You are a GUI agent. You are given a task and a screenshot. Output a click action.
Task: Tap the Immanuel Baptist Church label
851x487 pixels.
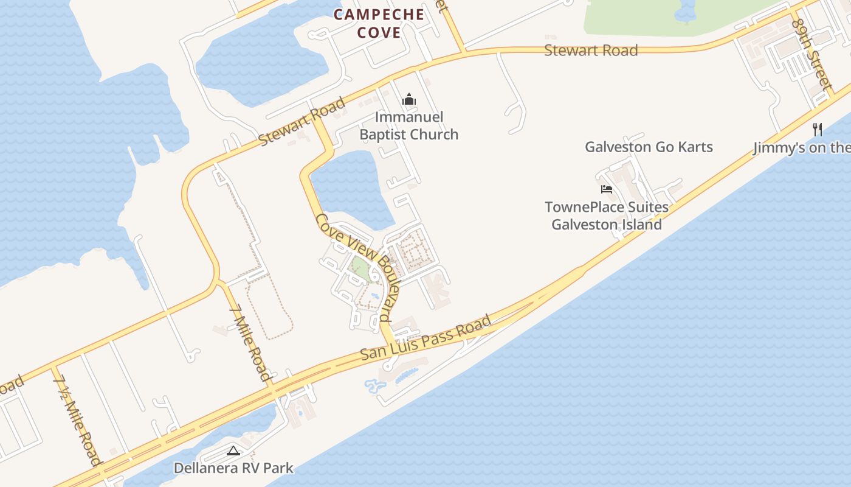(409, 125)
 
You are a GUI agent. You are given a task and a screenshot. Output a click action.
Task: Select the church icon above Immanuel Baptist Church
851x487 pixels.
(409, 99)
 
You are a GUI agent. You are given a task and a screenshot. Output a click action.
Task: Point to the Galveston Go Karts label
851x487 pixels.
(649, 147)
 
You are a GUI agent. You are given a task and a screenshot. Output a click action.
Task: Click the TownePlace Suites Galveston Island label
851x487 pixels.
(607, 215)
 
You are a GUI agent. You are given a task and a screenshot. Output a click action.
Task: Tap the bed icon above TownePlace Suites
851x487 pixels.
(606, 189)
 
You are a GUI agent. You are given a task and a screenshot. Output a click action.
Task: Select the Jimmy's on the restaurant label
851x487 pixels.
(801, 147)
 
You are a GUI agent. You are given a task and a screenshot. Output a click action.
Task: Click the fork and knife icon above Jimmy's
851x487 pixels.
(818, 129)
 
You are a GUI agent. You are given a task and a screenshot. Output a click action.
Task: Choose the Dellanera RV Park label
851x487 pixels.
(233, 468)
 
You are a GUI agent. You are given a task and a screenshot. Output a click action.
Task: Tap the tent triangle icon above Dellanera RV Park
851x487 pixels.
(233, 451)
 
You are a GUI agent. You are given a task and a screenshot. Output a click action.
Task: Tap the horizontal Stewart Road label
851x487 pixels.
(591, 50)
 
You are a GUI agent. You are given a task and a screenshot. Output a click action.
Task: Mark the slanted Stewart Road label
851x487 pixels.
(302, 122)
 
